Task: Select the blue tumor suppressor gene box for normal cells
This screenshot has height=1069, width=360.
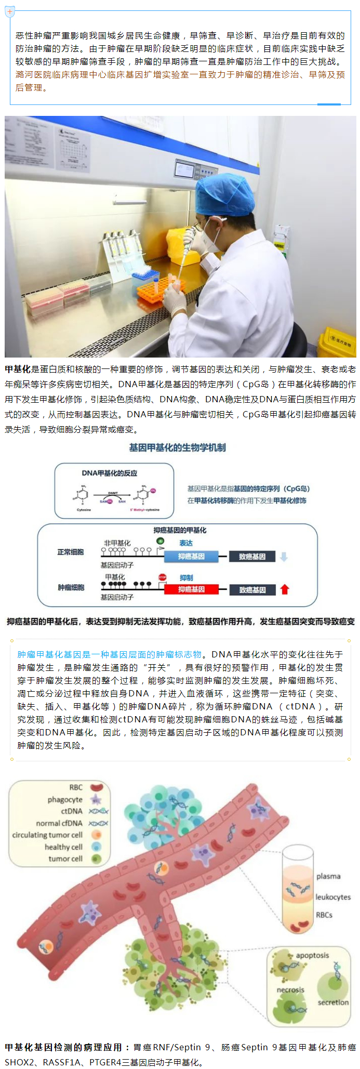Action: coord(191,557)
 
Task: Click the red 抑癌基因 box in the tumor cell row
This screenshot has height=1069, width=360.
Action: coord(191,589)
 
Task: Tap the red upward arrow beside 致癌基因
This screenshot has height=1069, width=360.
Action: coord(284,589)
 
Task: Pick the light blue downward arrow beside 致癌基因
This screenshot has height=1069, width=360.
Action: coord(284,557)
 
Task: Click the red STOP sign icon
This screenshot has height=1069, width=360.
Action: coord(163,577)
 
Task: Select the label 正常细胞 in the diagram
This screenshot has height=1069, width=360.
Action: coord(71,552)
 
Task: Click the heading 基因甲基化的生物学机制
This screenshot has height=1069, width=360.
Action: coord(178,447)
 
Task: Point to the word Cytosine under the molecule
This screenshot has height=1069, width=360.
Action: coord(84,510)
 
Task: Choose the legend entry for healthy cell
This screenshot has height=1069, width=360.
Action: coord(63,847)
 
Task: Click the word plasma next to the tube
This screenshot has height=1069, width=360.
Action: coord(328,876)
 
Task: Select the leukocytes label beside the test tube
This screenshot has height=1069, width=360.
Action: coord(333,897)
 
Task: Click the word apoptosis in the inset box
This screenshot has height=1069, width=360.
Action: coord(312,955)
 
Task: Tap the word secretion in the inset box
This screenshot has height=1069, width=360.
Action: coord(333,1002)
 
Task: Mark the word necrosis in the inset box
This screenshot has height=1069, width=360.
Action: coord(290,989)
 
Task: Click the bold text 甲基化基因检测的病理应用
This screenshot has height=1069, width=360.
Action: coord(63,1047)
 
